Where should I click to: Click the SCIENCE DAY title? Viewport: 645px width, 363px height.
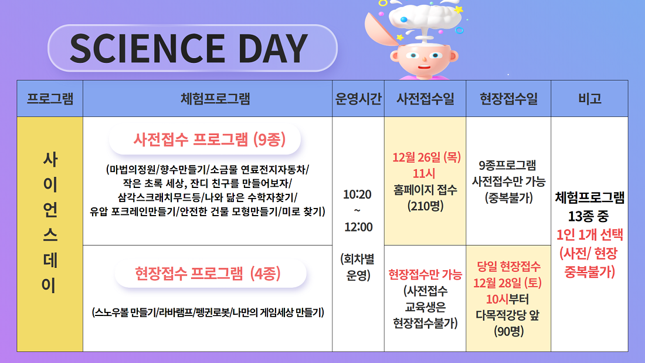tap(189, 48)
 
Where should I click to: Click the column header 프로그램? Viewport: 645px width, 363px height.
tap(50, 99)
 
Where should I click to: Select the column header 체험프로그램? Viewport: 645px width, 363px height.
tap(215, 99)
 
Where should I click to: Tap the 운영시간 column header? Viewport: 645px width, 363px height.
tap(358, 99)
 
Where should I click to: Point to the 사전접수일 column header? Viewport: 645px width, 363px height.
tap(425, 99)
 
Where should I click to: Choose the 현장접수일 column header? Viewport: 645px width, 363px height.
tap(509, 99)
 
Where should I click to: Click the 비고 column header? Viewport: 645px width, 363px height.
tap(590, 99)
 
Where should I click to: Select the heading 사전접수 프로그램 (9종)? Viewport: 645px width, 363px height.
tap(209, 139)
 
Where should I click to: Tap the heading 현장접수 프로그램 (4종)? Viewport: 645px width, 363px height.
tap(208, 273)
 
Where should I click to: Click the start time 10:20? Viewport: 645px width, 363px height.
tap(358, 194)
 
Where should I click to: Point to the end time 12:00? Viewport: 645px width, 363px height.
tap(358, 227)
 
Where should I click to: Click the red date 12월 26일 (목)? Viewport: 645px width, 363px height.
tap(426, 157)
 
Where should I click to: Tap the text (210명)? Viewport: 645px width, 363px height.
tap(425, 206)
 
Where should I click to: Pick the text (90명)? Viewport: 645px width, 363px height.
tap(509, 331)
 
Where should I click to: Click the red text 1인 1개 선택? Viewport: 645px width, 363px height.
tap(590, 235)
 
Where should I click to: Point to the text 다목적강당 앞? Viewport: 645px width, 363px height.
tap(508, 315)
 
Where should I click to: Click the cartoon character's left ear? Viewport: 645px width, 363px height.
tap(395, 56)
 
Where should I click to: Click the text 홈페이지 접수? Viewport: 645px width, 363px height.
tap(425, 190)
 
